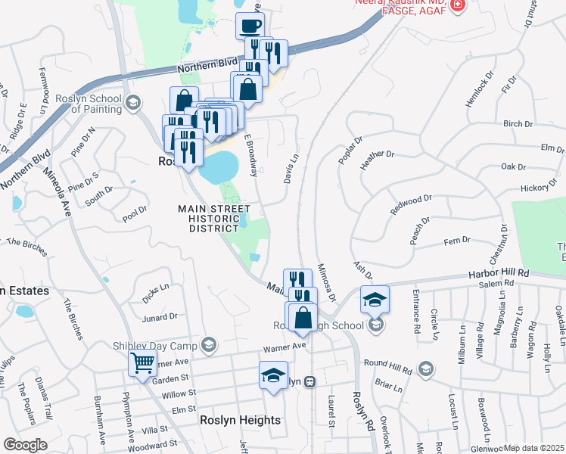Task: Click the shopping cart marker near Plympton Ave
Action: tap(143, 363)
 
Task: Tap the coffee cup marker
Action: tap(250, 26)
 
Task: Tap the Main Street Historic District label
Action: tap(214, 218)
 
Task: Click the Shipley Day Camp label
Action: tap(155, 346)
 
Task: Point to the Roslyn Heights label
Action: tap(240, 420)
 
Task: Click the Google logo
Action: tap(25, 445)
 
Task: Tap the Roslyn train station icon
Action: tap(309, 383)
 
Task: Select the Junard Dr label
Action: tap(160, 316)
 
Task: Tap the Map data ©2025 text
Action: tap(533, 448)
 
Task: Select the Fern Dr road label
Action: tap(457, 241)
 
